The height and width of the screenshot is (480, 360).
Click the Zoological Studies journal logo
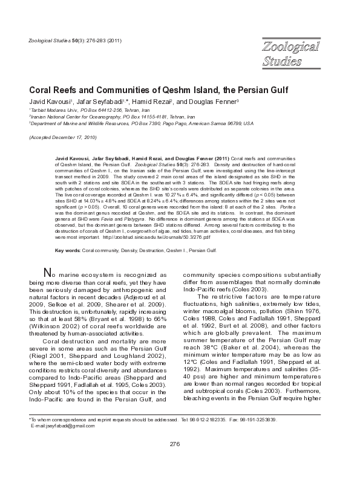point(291,53)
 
